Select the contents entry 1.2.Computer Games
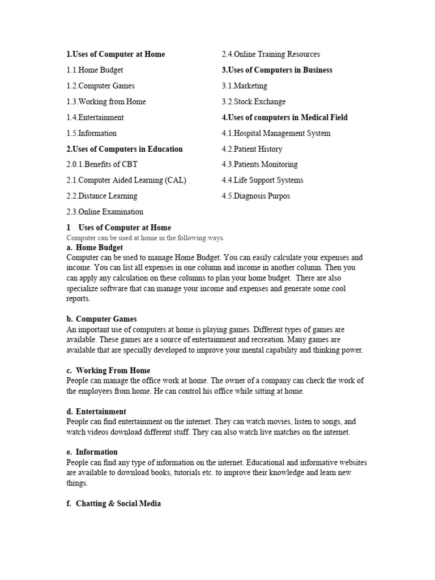[x=100, y=86]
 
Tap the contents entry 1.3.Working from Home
[x=106, y=102]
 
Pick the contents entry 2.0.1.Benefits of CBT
[x=102, y=164]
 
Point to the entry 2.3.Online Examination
[x=105, y=212]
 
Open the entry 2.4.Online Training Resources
[x=271, y=54]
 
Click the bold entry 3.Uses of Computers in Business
[x=277, y=70]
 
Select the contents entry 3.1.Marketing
[x=245, y=86]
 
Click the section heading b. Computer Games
[x=101, y=319]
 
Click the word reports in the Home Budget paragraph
[x=78, y=299]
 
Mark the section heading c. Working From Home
[x=108, y=370]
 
